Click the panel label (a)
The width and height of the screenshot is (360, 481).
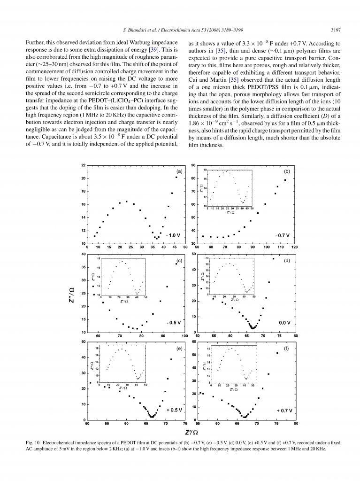[179, 172]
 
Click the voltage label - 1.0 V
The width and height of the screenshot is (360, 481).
[173, 234]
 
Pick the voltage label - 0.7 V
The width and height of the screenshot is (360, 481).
[283, 234]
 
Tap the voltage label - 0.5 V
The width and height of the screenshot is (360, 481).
[174, 323]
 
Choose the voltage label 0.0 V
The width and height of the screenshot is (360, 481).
[285, 323]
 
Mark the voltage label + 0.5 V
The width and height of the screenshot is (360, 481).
[174, 410]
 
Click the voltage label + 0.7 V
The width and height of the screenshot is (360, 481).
[284, 410]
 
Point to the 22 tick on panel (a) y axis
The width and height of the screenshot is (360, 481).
[83, 165]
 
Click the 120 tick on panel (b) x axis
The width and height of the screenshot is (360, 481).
[295, 247]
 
